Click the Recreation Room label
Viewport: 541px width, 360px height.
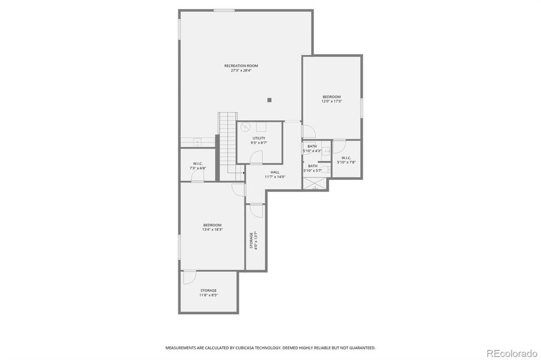coord(241,65)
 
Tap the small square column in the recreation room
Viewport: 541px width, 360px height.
coord(270,100)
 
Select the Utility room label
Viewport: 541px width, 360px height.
coord(258,139)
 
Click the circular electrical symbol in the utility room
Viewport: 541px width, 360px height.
coord(245,127)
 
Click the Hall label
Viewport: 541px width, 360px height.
coord(274,172)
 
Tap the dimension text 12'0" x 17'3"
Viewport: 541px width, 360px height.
coord(331,101)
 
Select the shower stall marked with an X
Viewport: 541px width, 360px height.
coord(316,185)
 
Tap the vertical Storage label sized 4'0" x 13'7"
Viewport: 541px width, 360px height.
coord(253,240)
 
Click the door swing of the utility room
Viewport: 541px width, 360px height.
coord(256,157)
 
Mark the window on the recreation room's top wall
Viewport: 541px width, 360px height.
coord(224,10)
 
